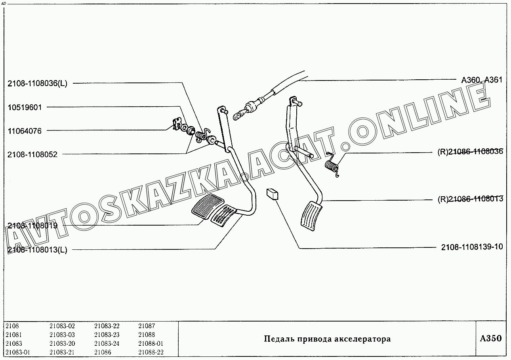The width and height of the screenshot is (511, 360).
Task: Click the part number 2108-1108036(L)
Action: coord(37,84)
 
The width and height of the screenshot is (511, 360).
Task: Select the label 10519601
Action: coord(25,107)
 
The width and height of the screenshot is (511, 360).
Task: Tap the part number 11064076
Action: coord(25,131)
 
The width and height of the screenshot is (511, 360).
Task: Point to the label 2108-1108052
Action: coord(32,155)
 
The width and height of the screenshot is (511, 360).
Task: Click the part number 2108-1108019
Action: coord(32,226)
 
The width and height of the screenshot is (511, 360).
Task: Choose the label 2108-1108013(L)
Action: coord(37,250)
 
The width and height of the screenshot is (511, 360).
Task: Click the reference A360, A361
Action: coord(482,80)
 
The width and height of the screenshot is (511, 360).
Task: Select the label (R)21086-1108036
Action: coord(470,151)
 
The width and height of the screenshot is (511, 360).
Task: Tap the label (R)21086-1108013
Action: coord(470,199)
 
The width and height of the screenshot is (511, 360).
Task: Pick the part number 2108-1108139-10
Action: coord(472,247)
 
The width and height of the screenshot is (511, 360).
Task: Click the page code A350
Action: coord(491,338)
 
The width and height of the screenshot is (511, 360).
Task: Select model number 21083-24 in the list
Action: coord(107,343)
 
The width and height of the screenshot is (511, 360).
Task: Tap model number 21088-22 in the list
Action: coord(151,352)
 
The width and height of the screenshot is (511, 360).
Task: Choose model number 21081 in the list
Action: coord(13,335)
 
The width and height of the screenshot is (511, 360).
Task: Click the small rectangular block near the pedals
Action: coord(273,194)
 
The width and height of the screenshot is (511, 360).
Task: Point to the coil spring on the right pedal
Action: coord(332,165)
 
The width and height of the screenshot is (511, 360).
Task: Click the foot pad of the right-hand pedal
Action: coord(311,216)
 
